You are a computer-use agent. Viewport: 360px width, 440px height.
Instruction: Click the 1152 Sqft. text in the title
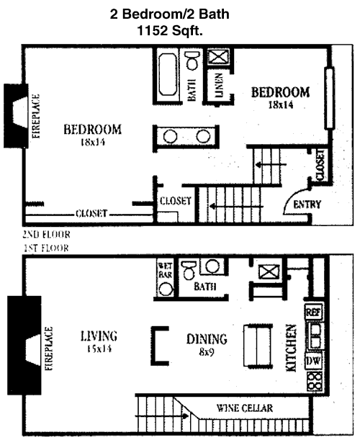169,30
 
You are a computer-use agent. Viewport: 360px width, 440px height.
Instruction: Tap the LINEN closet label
219,85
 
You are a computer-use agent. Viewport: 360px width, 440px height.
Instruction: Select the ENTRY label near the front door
307,205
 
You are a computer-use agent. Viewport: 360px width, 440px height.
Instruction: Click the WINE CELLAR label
244,408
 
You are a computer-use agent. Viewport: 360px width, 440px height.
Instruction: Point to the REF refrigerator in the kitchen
313,312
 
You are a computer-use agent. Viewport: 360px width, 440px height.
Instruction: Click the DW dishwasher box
313,362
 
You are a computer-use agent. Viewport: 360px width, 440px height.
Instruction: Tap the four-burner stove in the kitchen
314,381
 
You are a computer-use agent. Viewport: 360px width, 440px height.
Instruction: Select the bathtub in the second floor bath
168,74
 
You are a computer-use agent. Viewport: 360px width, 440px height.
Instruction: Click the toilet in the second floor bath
192,60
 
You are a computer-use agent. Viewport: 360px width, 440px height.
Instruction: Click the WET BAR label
166,270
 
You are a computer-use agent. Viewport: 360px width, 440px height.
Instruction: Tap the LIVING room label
99,336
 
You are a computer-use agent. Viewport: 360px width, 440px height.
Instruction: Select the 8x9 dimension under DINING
207,352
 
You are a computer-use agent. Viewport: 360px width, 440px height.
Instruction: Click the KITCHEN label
291,348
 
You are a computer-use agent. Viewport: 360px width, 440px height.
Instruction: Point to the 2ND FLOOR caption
46,234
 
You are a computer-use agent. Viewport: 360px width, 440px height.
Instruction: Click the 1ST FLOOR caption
47,248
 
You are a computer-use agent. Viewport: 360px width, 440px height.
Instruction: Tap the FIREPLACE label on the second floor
36,116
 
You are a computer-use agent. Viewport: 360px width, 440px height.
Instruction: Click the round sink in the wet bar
166,289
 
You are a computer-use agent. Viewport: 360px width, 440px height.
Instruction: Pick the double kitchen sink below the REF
315,336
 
